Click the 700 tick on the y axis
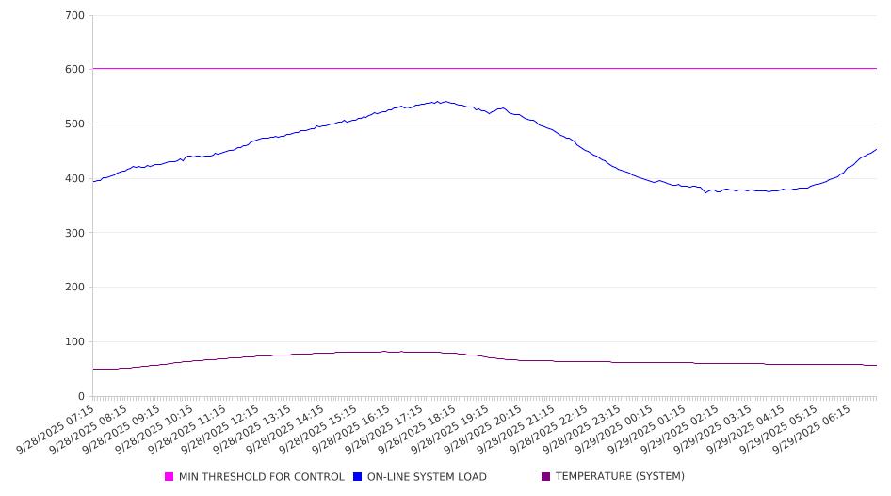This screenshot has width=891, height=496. point(75,16)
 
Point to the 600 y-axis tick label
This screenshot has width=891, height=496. point(75,70)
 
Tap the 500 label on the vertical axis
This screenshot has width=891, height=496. point(75,124)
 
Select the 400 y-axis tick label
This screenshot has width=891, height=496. point(75,179)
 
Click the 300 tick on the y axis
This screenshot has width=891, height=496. point(75,233)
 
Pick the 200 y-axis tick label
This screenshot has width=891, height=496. point(75,288)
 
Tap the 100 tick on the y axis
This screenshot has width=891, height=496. point(75,342)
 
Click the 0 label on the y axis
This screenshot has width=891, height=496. point(82,396)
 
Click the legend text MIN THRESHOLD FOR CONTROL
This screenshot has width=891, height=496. point(261,477)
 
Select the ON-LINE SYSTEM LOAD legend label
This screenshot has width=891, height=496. point(427,477)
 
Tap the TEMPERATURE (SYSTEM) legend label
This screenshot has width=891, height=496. point(620,477)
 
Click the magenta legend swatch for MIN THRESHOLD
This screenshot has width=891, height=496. point(170,477)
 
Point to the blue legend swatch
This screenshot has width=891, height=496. point(358,477)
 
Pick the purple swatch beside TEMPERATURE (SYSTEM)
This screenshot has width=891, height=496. point(546,477)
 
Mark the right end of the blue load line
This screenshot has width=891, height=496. point(877,149)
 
